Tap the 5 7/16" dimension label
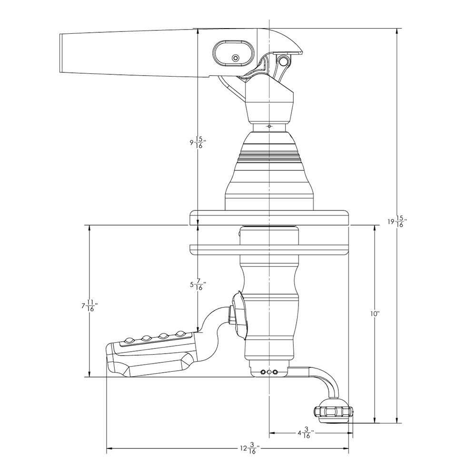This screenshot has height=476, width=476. [x=197, y=286]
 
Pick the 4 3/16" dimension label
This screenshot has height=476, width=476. [x=305, y=434]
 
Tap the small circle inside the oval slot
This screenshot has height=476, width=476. [x=235, y=58]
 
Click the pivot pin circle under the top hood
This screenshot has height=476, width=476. [x=284, y=61]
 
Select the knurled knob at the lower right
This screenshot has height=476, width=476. [x=334, y=411]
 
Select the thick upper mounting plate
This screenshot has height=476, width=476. [x=269, y=218]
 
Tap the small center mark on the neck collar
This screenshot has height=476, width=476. [x=269, y=127]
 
